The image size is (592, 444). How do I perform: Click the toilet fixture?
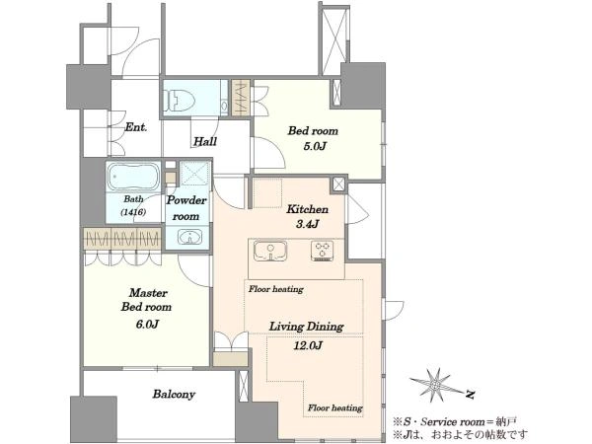click(179, 100)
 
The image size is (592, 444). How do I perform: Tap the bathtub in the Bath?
click(133, 177)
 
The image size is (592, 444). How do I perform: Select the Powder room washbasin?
click(189, 238)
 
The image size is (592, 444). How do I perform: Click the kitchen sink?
click(270, 251)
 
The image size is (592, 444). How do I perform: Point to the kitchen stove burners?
click(322, 251)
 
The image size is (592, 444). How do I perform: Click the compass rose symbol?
click(436, 385)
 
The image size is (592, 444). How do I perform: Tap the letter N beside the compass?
click(470, 395)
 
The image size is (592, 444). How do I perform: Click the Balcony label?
click(174, 394)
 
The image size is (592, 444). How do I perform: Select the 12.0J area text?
click(308, 345)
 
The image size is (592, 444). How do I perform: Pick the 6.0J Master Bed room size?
click(147, 324)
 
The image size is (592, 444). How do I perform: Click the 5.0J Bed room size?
click(315, 146)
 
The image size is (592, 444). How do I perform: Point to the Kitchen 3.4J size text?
click(307, 224)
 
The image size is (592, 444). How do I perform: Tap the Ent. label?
click(135, 127)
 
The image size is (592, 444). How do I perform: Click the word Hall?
click(205, 141)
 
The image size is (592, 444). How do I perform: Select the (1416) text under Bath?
click(133, 212)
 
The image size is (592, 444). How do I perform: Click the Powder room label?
click(186, 208)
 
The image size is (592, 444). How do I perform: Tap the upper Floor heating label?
click(276, 289)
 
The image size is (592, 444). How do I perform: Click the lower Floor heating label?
click(334, 407)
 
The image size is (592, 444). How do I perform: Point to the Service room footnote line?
click(455, 421)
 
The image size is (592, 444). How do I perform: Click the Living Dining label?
click(306, 327)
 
